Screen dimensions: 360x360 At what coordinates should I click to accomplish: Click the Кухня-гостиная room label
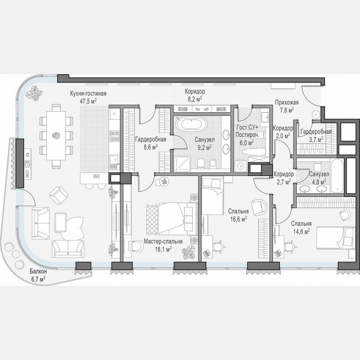(88, 93)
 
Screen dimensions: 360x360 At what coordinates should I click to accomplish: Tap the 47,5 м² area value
(88, 100)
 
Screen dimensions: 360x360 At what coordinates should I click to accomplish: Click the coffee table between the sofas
(61, 221)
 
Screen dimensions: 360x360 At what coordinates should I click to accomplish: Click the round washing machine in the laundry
(241, 166)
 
